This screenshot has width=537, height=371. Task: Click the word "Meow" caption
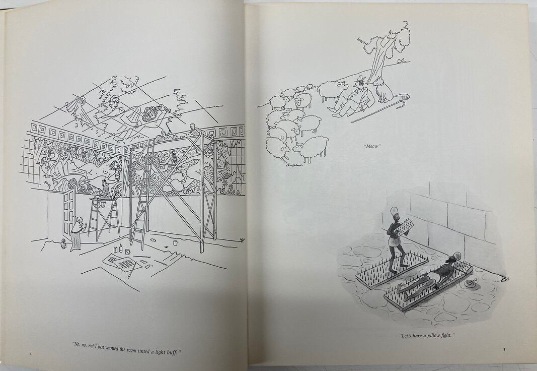pos(373,146)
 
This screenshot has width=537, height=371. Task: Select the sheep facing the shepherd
pos(329,91)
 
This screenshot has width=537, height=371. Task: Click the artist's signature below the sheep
pos(295,164)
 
